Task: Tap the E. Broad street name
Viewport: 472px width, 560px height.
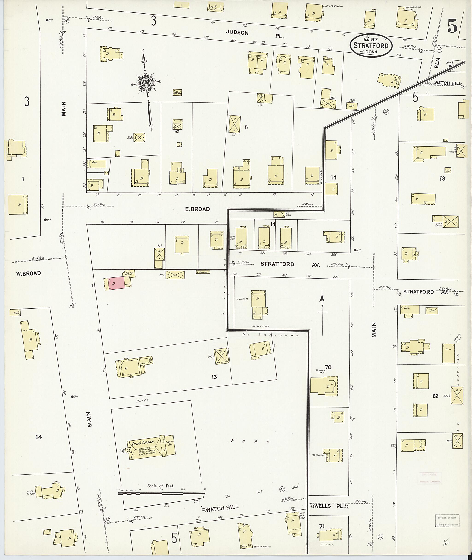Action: click(198, 209)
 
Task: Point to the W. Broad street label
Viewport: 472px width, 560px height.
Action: click(28, 273)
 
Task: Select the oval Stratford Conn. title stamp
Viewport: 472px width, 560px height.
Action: click(371, 45)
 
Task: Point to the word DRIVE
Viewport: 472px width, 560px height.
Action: click(142, 400)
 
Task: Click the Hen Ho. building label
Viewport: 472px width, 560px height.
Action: click(203, 272)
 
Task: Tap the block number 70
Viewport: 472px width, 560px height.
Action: click(328, 367)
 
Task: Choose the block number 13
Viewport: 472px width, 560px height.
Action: click(214, 377)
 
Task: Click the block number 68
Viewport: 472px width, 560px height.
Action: click(442, 178)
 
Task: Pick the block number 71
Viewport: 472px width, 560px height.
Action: click(322, 527)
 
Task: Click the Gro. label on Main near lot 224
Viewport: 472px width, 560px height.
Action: click(94, 163)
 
